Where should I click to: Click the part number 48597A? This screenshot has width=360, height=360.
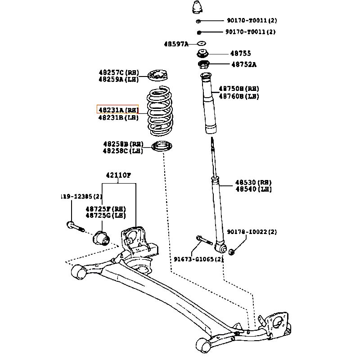176,44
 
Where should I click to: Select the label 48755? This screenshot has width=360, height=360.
241,53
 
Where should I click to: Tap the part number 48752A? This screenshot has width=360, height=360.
244,64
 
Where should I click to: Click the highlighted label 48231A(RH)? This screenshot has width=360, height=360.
118,109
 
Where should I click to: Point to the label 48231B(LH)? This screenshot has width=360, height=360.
118,117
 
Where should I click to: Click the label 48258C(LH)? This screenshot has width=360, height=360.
122,151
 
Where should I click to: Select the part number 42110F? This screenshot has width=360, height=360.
118,175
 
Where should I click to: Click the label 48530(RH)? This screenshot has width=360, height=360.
253,182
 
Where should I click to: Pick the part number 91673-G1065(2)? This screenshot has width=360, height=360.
199,259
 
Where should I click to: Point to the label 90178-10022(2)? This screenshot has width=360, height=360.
252,232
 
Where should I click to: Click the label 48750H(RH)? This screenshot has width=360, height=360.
239,89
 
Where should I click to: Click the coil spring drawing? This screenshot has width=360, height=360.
161,112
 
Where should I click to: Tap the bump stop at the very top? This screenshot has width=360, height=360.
198,8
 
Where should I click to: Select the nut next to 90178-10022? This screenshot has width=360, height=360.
232,251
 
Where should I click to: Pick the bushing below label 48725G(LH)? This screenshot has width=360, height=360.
101,237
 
